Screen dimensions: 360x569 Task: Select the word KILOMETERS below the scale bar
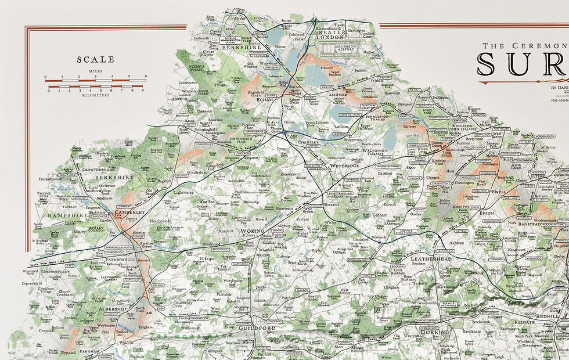[x=96, y=95]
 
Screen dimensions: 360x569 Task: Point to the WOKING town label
[x=253, y=232]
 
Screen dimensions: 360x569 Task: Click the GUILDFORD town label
[x=256, y=328]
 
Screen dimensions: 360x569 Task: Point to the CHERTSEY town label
[x=309, y=142]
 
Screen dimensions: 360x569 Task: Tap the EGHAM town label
[x=264, y=99]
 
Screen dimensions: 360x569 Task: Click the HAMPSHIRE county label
[x=66, y=215]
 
